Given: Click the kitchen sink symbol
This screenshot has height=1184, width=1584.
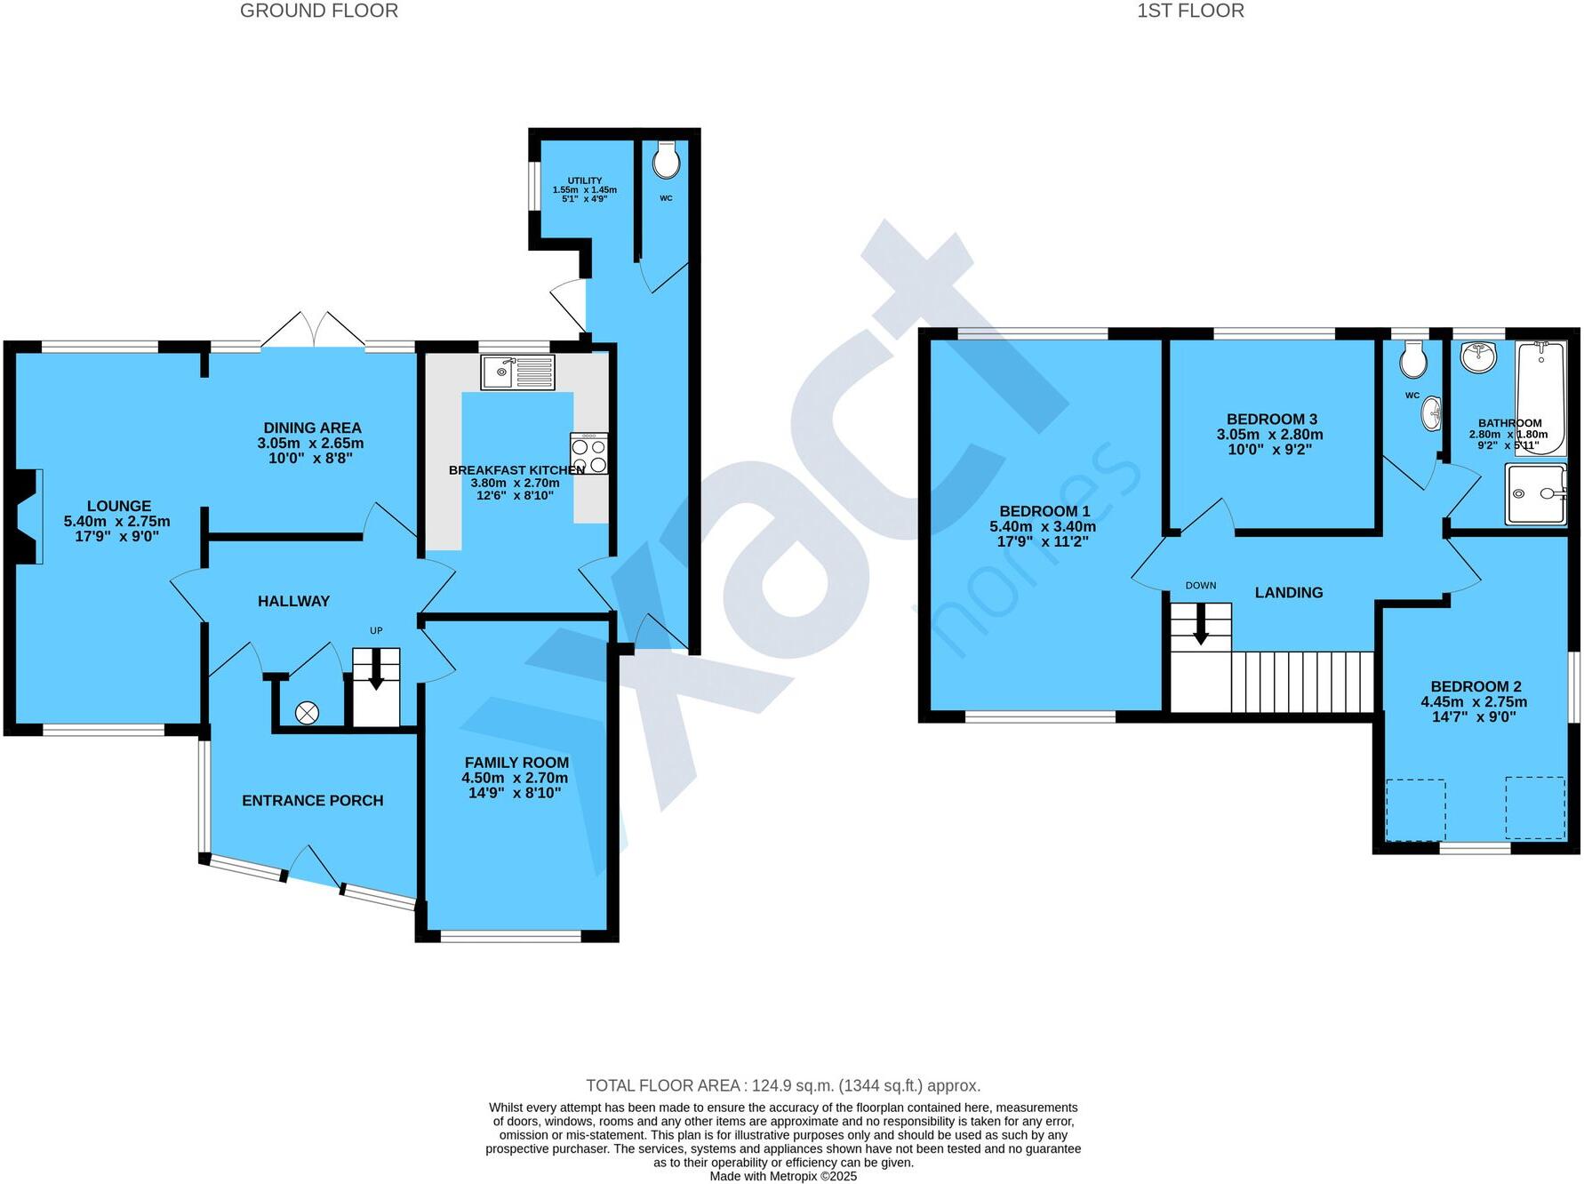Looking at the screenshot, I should [517, 372].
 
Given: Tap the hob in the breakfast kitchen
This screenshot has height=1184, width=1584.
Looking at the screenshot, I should [589, 453].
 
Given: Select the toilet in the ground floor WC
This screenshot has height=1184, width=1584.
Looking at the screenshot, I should [666, 161].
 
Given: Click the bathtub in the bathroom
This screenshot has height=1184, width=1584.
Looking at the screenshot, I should [1540, 397].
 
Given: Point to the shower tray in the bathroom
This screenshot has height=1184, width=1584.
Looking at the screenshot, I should [1535, 493].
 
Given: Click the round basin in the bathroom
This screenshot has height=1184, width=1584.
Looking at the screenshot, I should [1477, 357].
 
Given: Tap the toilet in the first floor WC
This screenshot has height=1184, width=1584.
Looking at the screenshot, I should [1412, 360].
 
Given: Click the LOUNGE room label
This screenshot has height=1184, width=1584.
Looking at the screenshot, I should [118, 506].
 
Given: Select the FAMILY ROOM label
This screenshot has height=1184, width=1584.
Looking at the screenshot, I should [516, 762].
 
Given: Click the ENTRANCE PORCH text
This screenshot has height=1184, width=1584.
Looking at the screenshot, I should [313, 800].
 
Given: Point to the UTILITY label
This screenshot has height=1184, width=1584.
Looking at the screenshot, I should [584, 180].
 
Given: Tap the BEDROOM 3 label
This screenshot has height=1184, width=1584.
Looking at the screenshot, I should [1271, 419].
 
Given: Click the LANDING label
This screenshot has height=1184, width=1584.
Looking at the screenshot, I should [1288, 592].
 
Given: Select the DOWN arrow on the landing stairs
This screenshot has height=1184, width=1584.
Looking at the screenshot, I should [1200, 626].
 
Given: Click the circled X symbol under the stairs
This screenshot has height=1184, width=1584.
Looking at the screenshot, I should [307, 712].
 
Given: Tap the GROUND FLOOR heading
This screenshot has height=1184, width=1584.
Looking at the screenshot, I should [318, 11].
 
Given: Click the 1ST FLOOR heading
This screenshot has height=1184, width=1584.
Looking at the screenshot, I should [1189, 11].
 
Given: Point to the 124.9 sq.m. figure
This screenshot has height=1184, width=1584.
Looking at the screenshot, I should [792, 1085].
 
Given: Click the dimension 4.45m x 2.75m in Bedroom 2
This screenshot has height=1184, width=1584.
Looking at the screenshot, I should [1474, 701].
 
